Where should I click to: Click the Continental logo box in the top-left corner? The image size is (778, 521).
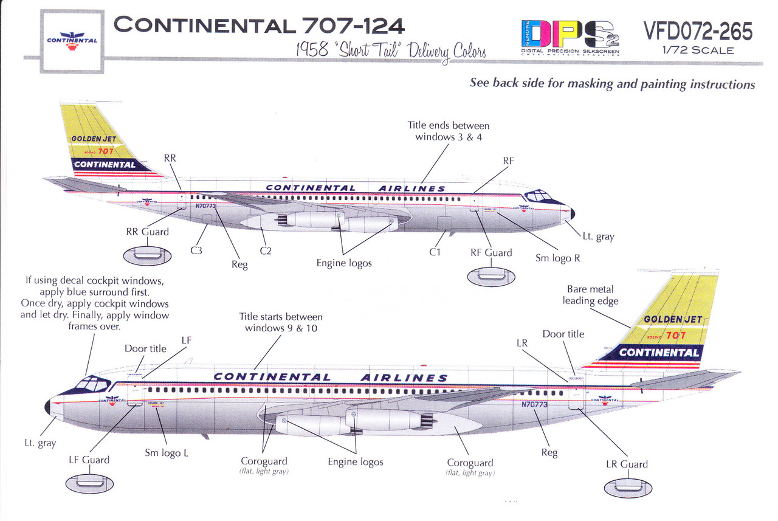click(x=72, y=41)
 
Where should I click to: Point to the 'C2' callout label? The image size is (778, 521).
click(x=265, y=250)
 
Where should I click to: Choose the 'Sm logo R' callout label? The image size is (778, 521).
click(x=557, y=258)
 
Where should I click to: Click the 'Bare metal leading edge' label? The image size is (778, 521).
click(x=590, y=295)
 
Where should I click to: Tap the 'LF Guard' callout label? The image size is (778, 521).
click(x=89, y=460)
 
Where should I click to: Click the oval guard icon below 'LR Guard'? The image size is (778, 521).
click(x=628, y=487)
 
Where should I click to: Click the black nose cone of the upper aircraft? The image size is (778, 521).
click(x=572, y=213)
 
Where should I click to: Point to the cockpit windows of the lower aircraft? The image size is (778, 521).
click(x=89, y=385)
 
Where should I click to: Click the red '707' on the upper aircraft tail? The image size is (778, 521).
click(x=106, y=151)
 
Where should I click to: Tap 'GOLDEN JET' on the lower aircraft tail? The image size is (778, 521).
click(x=672, y=319)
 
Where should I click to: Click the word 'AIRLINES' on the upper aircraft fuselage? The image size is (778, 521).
click(x=411, y=188)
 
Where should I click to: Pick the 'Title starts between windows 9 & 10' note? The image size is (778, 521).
click(x=281, y=323)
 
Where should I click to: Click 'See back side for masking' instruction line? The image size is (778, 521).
click(x=612, y=84)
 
